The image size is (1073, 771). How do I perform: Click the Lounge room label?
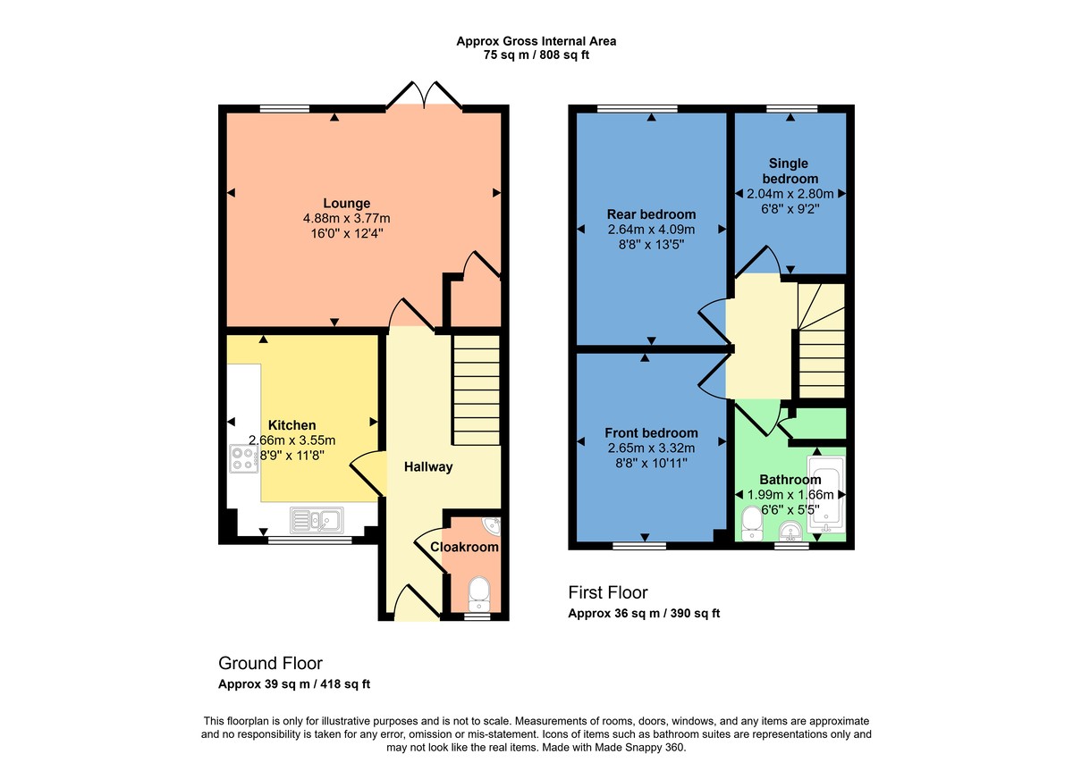[x=347, y=203]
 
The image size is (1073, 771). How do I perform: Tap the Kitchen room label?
[x=292, y=425]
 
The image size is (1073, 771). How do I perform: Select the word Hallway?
[x=428, y=466]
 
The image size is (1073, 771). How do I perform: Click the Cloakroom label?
[x=464, y=547]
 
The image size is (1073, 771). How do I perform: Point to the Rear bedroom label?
[x=651, y=214]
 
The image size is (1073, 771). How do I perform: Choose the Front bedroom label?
[x=651, y=432]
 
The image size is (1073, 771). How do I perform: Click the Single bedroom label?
[x=789, y=171]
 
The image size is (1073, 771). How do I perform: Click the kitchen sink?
[x=316, y=519]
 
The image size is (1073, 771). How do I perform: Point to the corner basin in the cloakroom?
[x=493, y=524]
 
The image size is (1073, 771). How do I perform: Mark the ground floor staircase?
[x=476, y=389]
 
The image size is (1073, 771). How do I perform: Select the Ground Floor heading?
[x=270, y=663]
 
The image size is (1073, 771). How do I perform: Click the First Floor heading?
[x=608, y=592]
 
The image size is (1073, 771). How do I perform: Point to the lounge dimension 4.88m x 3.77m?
[x=347, y=219]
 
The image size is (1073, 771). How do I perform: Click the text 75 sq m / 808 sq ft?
[x=536, y=54]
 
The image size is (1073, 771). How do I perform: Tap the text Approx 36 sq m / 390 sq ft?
[x=644, y=614]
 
